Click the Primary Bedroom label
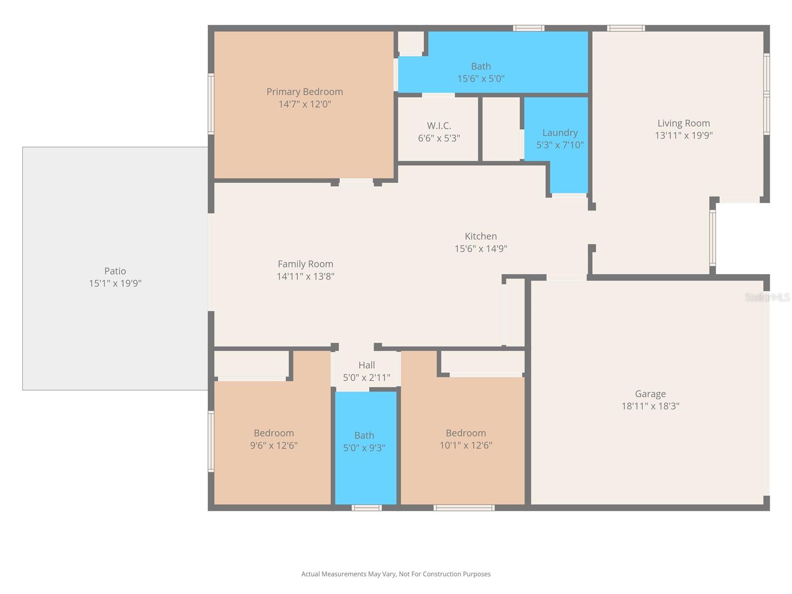[304, 92]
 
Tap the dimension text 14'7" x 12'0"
[304, 104]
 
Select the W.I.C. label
[439, 126]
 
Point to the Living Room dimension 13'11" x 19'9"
[684, 135]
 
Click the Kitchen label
[481, 236]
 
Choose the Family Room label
[305, 264]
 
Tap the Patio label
[115, 271]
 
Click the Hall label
[366, 365]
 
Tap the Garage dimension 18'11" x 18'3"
[650, 406]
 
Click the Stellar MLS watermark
[767, 297]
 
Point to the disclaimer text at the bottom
[396, 574]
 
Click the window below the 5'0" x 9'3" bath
[366, 507]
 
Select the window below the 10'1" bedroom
[464, 507]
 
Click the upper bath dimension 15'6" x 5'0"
[481, 78]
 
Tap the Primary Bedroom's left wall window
[211, 104]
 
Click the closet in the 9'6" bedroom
[251, 364]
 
